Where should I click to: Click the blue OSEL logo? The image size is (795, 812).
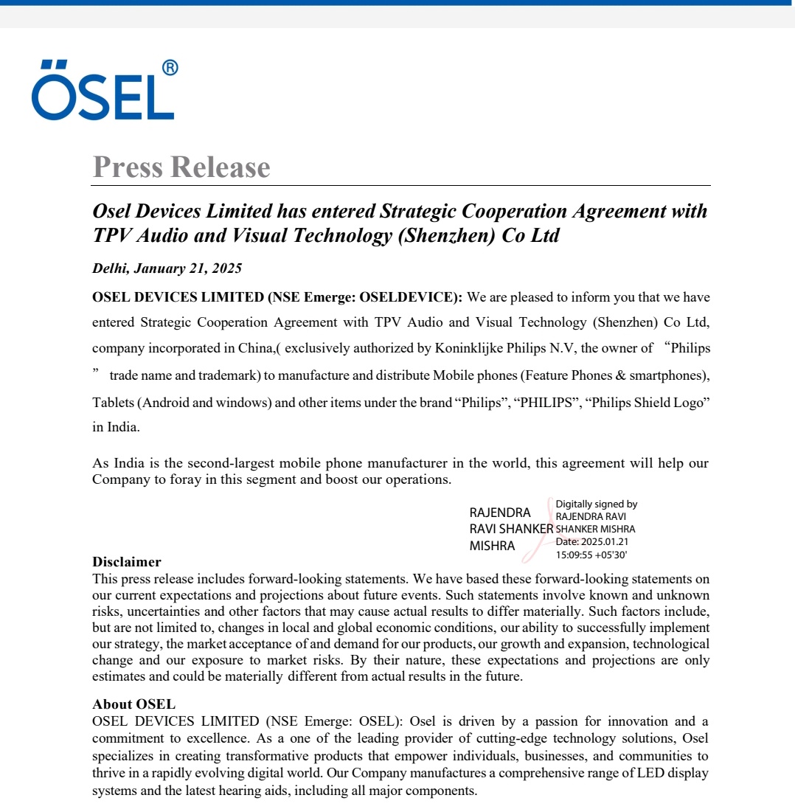pyautogui.click(x=103, y=91)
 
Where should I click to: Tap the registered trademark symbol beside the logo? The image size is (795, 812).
pyautogui.click(x=169, y=69)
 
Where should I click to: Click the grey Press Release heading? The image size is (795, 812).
pyautogui.click(x=181, y=167)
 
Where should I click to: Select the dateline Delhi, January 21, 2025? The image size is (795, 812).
pyautogui.click(x=167, y=268)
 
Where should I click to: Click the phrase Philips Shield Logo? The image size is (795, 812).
pyautogui.click(x=646, y=403)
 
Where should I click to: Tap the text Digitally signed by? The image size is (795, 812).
pyautogui.click(x=596, y=504)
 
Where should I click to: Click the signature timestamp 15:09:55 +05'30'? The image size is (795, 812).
pyautogui.click(x=591, y=555)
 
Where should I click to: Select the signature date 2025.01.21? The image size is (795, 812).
pyautogui.click(x=605, y=542)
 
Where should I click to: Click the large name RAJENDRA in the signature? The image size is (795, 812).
pyautogui.click(x=500, y=513)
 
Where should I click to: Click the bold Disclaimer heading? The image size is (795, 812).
pyautogui.click(x=127, y=562)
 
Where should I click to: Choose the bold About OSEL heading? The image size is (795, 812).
pyautogui.click(x=134, y=704)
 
